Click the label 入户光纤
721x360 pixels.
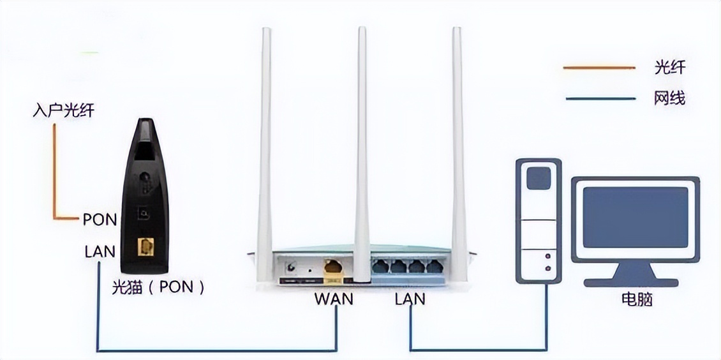click(63, 111)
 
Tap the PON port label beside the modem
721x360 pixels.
click(100, 220)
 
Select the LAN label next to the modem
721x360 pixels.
click(100, 251)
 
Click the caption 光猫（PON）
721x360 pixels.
click(158, 287)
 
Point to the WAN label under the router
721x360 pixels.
click(334, 298)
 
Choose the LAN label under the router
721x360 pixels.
click(410, 298)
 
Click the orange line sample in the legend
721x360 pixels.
click(598, 67)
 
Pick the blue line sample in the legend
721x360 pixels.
click(598, 99)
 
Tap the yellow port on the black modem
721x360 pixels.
click(145, 246)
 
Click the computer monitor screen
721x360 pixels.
click(636, 217)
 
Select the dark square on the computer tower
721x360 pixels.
click(539, 178)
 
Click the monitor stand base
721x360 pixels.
click(635, 281)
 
